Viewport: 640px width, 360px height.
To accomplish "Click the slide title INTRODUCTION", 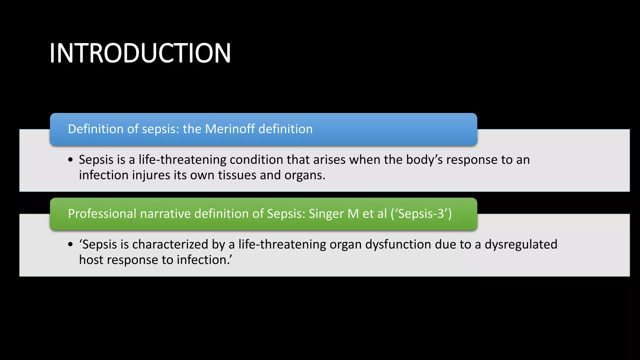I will [x=140, y=53].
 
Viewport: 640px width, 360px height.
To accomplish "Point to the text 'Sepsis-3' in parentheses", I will [x=421, y=214].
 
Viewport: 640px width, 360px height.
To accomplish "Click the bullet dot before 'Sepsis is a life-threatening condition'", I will [x=70, y=160].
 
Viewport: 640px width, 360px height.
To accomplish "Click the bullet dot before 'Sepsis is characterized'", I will [x=70, y=245].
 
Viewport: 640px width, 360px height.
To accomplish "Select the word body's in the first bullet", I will [x=424, y=160].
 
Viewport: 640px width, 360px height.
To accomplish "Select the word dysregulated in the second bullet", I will [x=521, y=244].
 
